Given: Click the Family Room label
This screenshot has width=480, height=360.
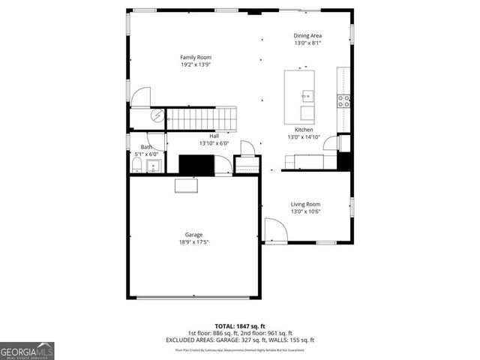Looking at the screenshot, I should [195, 57].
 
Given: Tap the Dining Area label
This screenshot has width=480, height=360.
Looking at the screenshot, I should [307, 35].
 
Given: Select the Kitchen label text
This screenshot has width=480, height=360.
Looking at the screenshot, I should [304, 130].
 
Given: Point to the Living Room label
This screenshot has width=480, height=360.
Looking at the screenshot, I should [305, 204].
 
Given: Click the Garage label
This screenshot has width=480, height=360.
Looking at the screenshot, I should [193, 235].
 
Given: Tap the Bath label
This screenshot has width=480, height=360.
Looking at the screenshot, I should [146, 147].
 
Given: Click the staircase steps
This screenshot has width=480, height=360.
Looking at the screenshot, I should [201, 118].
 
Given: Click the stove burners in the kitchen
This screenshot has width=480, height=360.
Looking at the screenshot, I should [343, 100].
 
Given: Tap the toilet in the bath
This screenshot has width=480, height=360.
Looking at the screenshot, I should [136, 164].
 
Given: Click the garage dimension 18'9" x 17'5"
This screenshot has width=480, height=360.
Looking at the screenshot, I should [193, 242].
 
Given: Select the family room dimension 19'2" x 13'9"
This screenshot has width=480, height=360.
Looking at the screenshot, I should [195, 65].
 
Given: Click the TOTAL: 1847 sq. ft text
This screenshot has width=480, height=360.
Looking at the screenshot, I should [239, 325].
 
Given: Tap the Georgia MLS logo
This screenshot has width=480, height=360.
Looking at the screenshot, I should [27, 350].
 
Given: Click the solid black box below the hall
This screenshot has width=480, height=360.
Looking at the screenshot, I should [196, 164].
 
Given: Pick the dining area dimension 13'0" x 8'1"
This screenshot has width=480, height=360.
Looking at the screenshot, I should [307, 43].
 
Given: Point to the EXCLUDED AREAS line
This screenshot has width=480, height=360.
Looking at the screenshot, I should [240, 340].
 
